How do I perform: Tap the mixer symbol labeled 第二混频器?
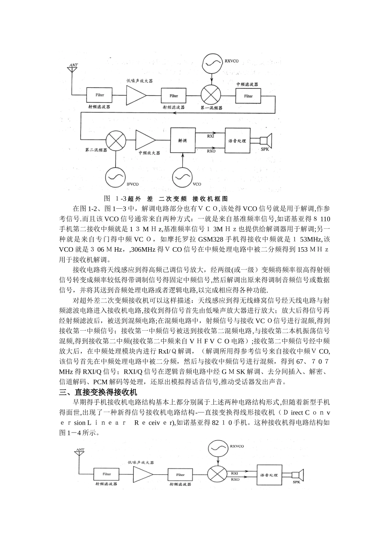(x=115, y=141)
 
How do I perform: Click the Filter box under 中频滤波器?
(x=248, y=96)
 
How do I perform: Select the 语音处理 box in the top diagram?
(x=237, y=140)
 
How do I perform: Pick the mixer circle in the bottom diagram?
(x=217, y=475)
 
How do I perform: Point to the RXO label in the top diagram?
(x=211, y=151)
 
